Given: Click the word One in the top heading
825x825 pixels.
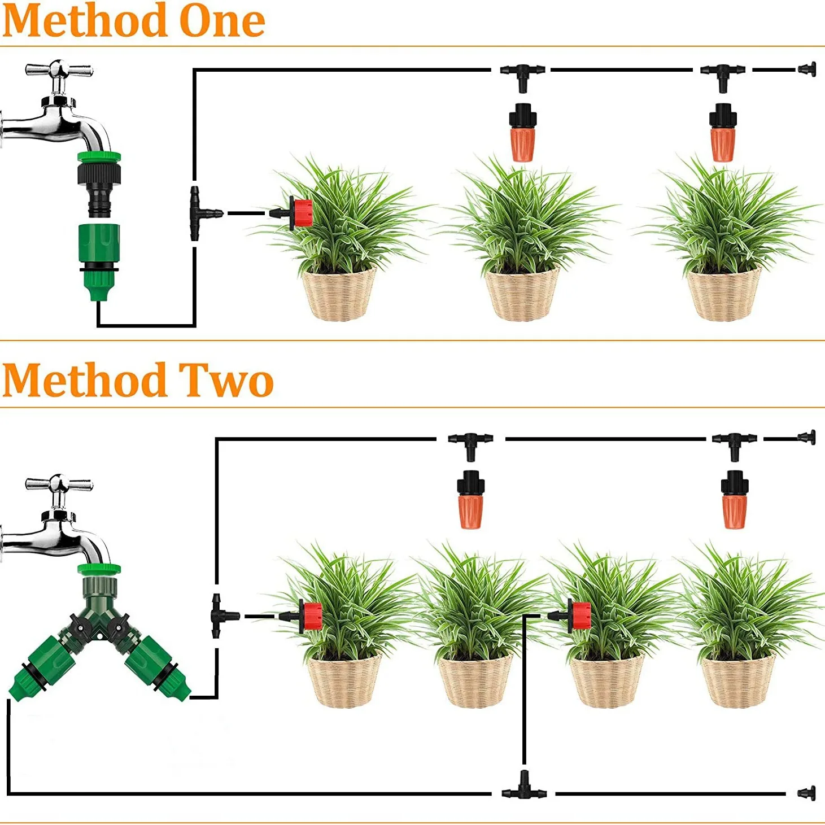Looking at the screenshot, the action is (221, 21).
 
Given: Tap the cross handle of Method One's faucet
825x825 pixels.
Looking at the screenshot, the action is (59, 71).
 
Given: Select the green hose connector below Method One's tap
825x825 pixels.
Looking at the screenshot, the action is (99, 260).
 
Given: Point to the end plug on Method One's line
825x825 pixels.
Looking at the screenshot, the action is (807, 70).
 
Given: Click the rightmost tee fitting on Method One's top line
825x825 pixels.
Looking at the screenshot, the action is (723, 73).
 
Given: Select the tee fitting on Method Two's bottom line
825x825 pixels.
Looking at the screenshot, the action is (524, 788).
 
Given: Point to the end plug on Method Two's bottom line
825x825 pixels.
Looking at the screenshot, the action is (807, 793).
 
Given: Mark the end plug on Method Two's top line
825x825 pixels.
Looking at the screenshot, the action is (808, 438).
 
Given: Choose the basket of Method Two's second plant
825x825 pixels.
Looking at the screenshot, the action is (474, 680).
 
